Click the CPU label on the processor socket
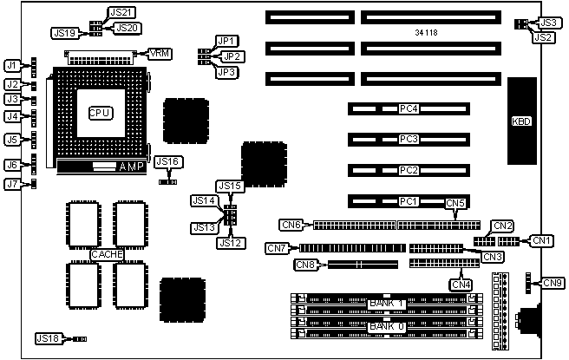click(100, 112)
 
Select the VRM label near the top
click(160, 54)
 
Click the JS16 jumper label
click(168, 162)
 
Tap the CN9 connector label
click(553, 282)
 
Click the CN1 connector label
click(541, 239)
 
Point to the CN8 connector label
click(305, 265)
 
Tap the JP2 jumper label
click(232, 56)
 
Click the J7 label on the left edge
click(11, 184)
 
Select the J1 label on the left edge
click(11, 65)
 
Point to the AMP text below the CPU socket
click(130, 165)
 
